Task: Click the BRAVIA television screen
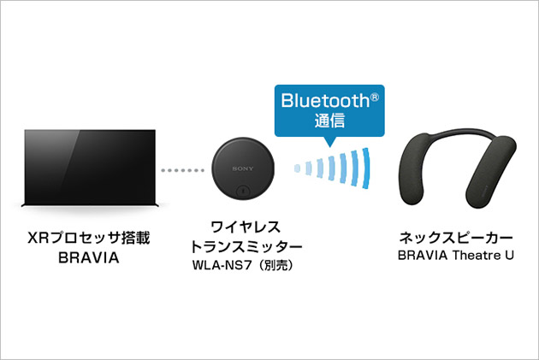point(89,167)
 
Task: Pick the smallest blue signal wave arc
point(299,168)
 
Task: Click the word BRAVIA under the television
point(89,257)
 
